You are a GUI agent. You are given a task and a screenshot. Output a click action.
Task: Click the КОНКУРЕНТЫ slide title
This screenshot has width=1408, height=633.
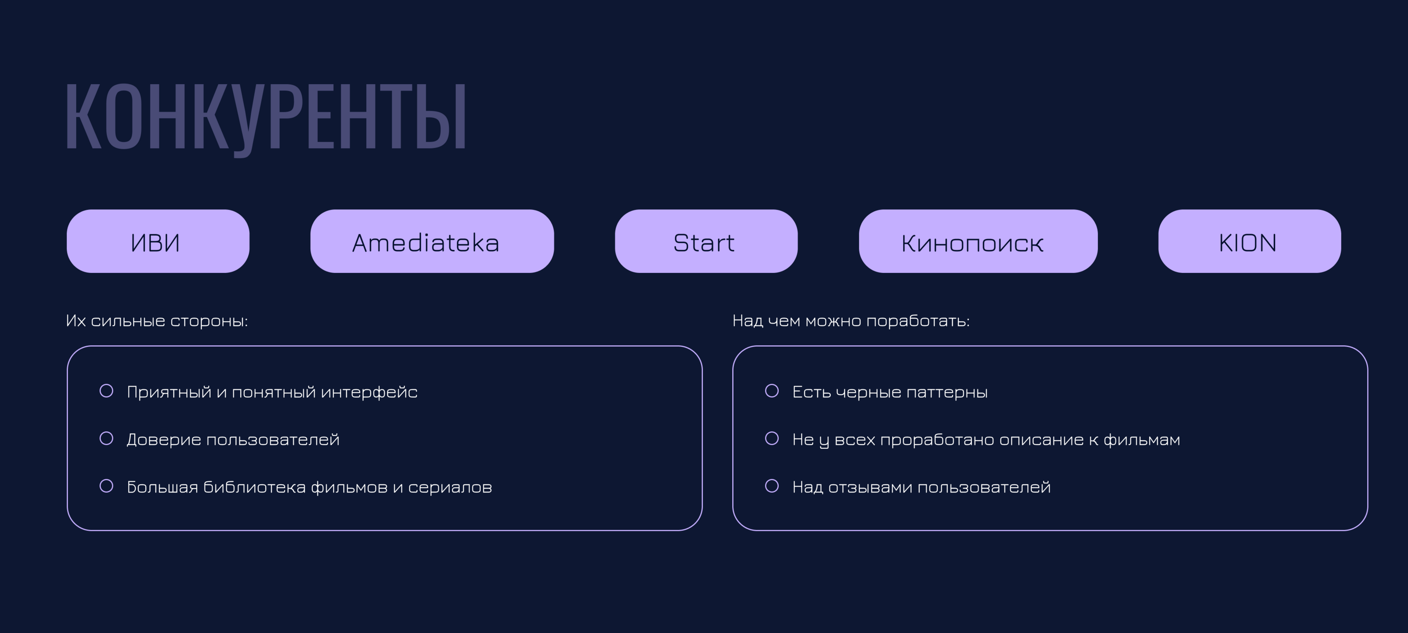(x=266, y=118)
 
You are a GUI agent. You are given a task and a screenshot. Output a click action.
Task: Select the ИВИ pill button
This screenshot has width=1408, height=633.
(x=158, y=241)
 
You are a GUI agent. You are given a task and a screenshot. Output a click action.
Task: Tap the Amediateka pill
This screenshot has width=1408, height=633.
(x=432, y=241)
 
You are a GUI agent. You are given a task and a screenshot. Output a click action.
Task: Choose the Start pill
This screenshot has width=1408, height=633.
(x=706, y=241)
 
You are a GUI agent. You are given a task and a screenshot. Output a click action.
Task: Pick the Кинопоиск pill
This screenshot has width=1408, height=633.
(x=978, y=241)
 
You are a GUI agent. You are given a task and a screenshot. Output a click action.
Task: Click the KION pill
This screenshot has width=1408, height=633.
(x=1250, y=241)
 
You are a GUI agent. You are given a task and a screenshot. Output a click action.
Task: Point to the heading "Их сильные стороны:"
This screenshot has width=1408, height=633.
(x=157, y=321)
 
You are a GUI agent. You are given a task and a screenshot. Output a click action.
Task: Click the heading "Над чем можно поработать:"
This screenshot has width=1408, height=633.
(x=851, y=321)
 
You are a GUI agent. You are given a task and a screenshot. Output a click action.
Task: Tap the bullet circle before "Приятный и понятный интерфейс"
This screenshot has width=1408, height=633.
(x=106, y=391)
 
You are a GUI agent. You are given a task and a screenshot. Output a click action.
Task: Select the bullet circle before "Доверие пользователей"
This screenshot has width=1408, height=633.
(x=106, y=438)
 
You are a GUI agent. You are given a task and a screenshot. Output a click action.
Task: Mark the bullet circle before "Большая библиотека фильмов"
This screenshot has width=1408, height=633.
(x=106, y=486)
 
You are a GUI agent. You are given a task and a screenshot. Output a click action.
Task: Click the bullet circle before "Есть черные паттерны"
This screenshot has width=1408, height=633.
(x=772, y=391)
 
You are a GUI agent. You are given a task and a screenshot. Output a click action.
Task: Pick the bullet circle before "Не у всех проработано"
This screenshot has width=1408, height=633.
(x=772, y=438)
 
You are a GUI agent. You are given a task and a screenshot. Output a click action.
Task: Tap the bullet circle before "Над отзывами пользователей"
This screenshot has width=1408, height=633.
(x=772, y=486)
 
